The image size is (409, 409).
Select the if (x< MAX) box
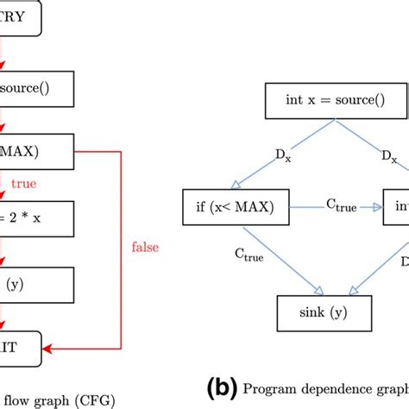click(237, 207)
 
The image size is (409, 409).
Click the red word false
click(144, 248)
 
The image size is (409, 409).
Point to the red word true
click(22, 183)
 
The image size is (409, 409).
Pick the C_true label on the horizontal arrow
click(342, 200)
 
